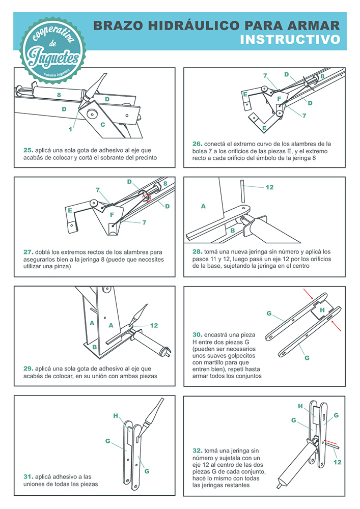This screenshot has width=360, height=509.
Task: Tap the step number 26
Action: pos(198,143)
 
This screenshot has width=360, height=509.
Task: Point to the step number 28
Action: pos(198,251)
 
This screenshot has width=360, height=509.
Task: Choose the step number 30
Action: pos(197,335)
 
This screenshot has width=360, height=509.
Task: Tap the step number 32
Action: pos(198,450)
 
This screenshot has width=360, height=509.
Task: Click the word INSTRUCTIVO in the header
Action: pos(290,39)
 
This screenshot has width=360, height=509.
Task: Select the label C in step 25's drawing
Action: pos(103,124)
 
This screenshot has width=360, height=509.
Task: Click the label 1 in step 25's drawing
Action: pos(71,129)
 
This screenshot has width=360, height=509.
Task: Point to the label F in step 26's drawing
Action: pos(279,98)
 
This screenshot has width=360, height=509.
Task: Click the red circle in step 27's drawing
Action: pos(147,197)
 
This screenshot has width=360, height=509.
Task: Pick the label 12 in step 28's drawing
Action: pos(269,187)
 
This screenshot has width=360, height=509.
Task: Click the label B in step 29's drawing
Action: pos(94,347)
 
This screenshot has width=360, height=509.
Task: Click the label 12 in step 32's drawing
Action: pos(337,462)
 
